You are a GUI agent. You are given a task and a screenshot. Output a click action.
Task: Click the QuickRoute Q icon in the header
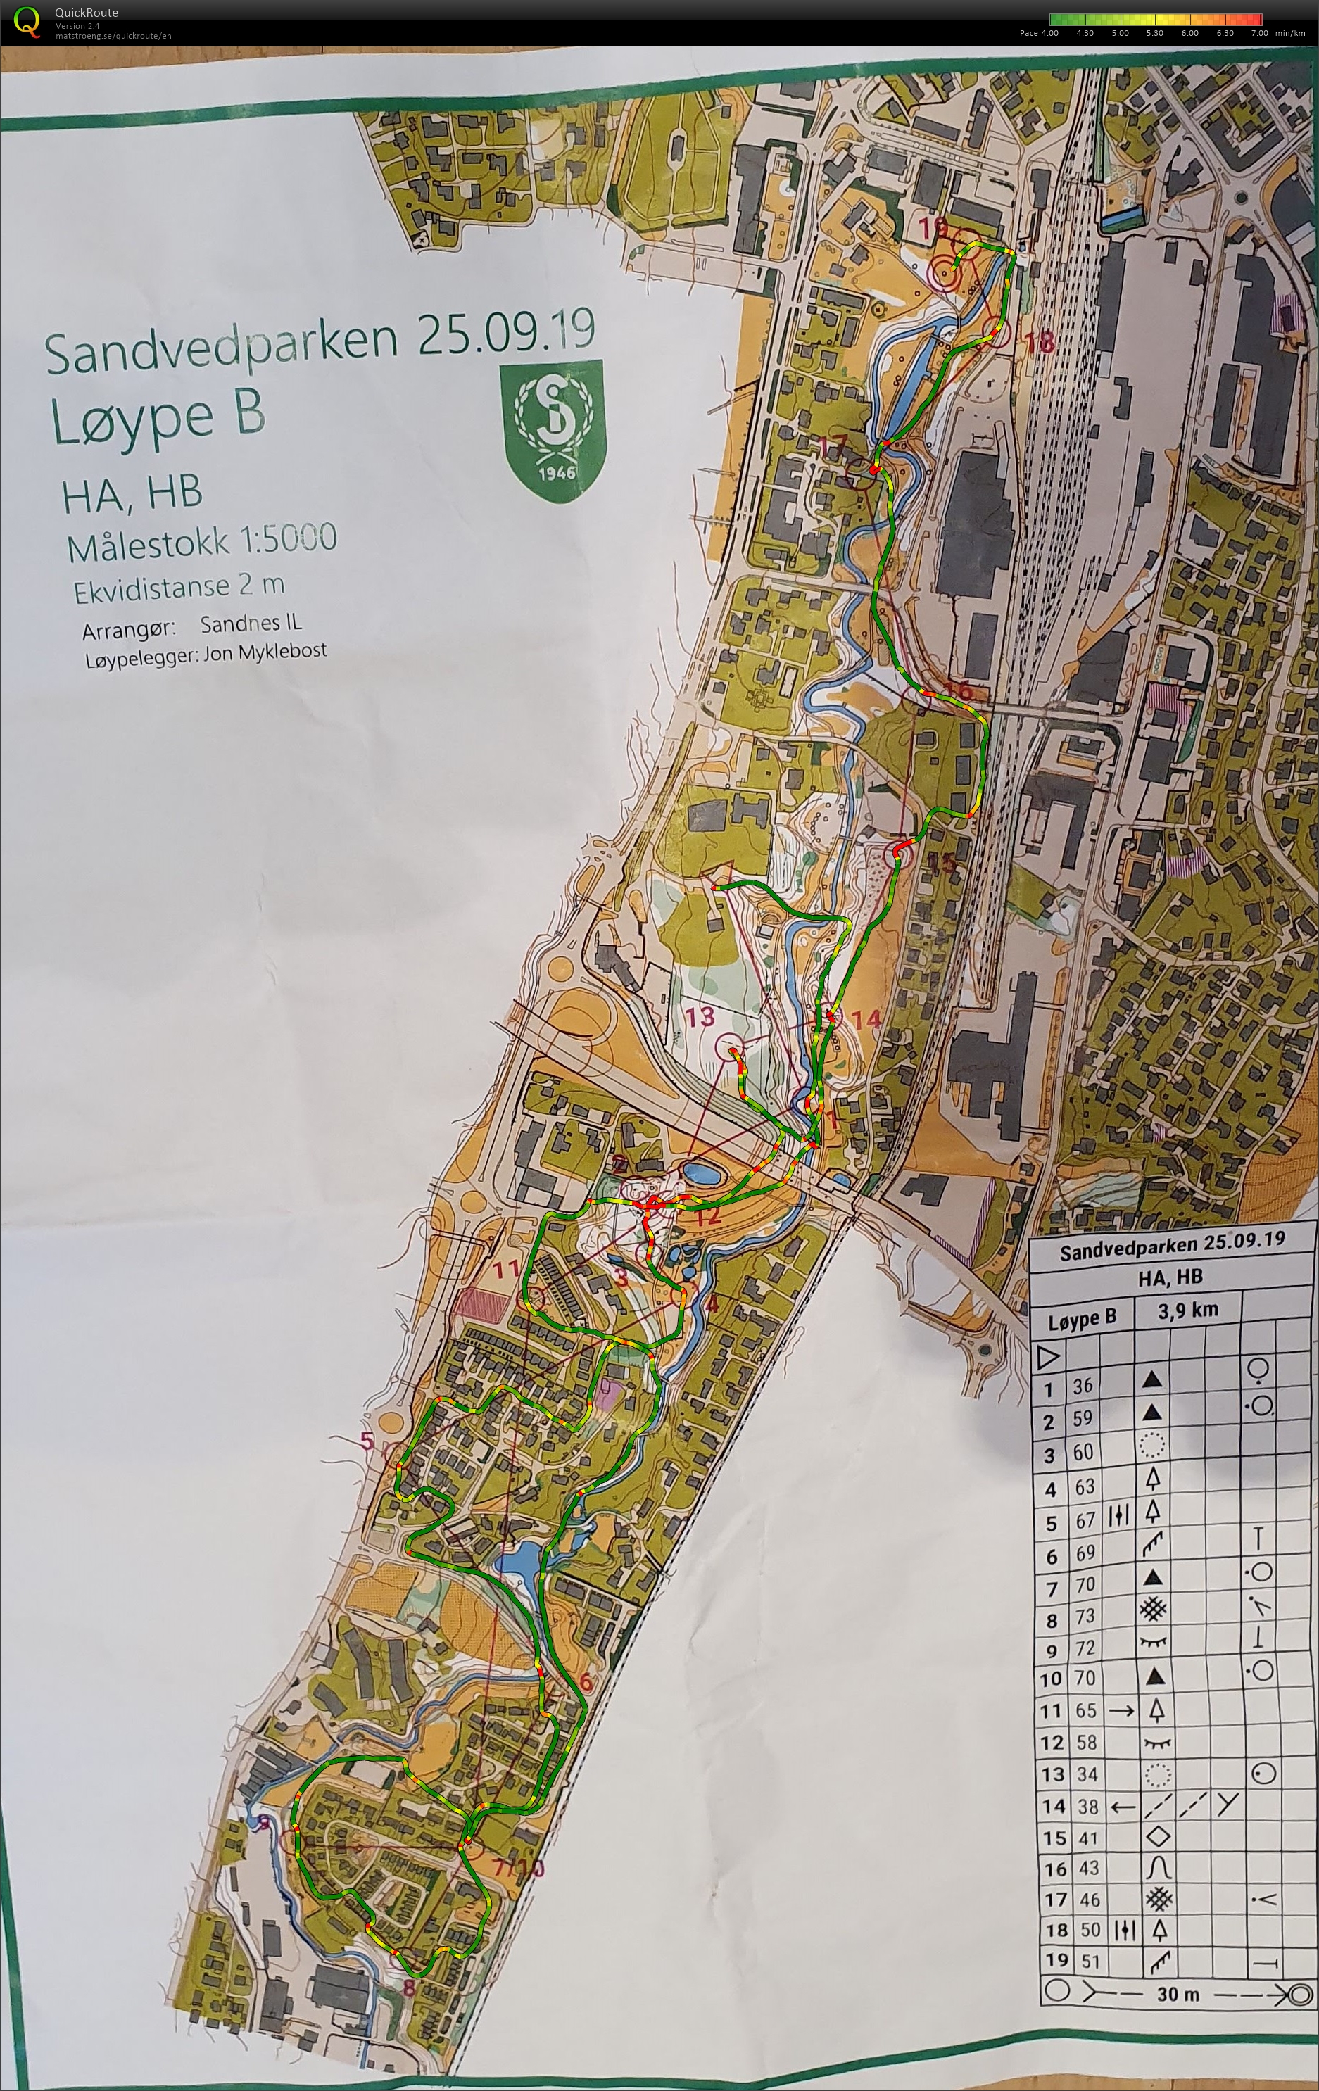(x=27, y=22)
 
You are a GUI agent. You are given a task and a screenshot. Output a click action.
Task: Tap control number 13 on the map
(x=700, y=1017)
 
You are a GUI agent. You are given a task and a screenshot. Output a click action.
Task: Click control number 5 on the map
(x=367, y=1441)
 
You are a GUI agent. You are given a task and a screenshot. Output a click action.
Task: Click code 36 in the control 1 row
(x=1081, y=1386)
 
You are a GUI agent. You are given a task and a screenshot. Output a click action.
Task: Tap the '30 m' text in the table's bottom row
(x=1178, y=1994)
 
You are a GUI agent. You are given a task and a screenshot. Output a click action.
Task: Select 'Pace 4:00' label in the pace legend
(x=1039, y=33)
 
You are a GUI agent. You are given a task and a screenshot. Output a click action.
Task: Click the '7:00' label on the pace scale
(x=1259, y=33)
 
